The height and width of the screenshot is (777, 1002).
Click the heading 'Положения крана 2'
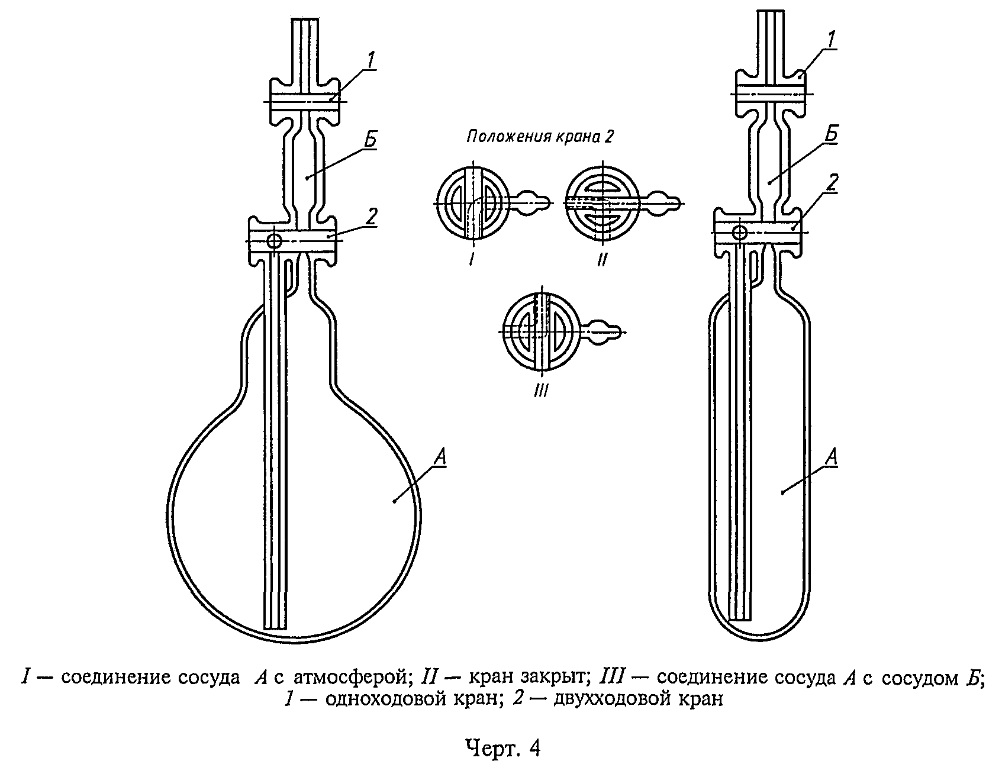[x=540, y=137]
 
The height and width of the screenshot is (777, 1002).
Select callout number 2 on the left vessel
[x=370, y=217]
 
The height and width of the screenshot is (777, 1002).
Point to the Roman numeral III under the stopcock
[x=541, y=390]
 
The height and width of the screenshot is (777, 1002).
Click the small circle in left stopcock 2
[x=275, y=241]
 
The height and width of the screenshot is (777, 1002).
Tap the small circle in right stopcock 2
[x=740, y=231]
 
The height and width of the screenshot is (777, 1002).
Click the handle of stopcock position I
[x=531, y=202]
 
